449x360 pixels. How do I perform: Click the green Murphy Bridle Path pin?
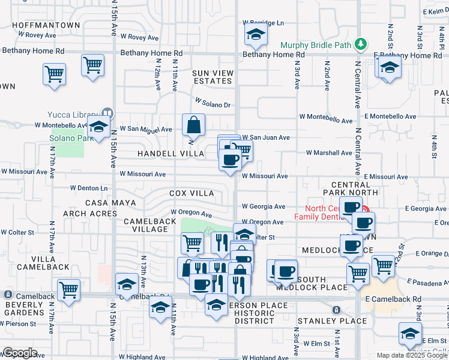(x=360, y=44)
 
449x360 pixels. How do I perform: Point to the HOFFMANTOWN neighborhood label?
(x=46, y=25)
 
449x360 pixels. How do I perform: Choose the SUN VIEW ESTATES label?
(x=212, y=77)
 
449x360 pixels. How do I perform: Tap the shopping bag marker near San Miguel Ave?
(x=194, y=126)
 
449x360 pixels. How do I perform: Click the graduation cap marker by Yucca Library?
(x=98, y=128)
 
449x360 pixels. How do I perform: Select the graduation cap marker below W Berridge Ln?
(x=256, y=36)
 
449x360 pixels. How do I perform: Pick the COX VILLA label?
(x=191, y=193)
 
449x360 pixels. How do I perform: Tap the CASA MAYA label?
(x=108, y=203)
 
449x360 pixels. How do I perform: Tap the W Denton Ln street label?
(x=89, y=188)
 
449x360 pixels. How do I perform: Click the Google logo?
(x=20, y=353)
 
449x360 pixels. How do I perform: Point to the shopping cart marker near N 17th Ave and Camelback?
(x=69, y=290)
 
